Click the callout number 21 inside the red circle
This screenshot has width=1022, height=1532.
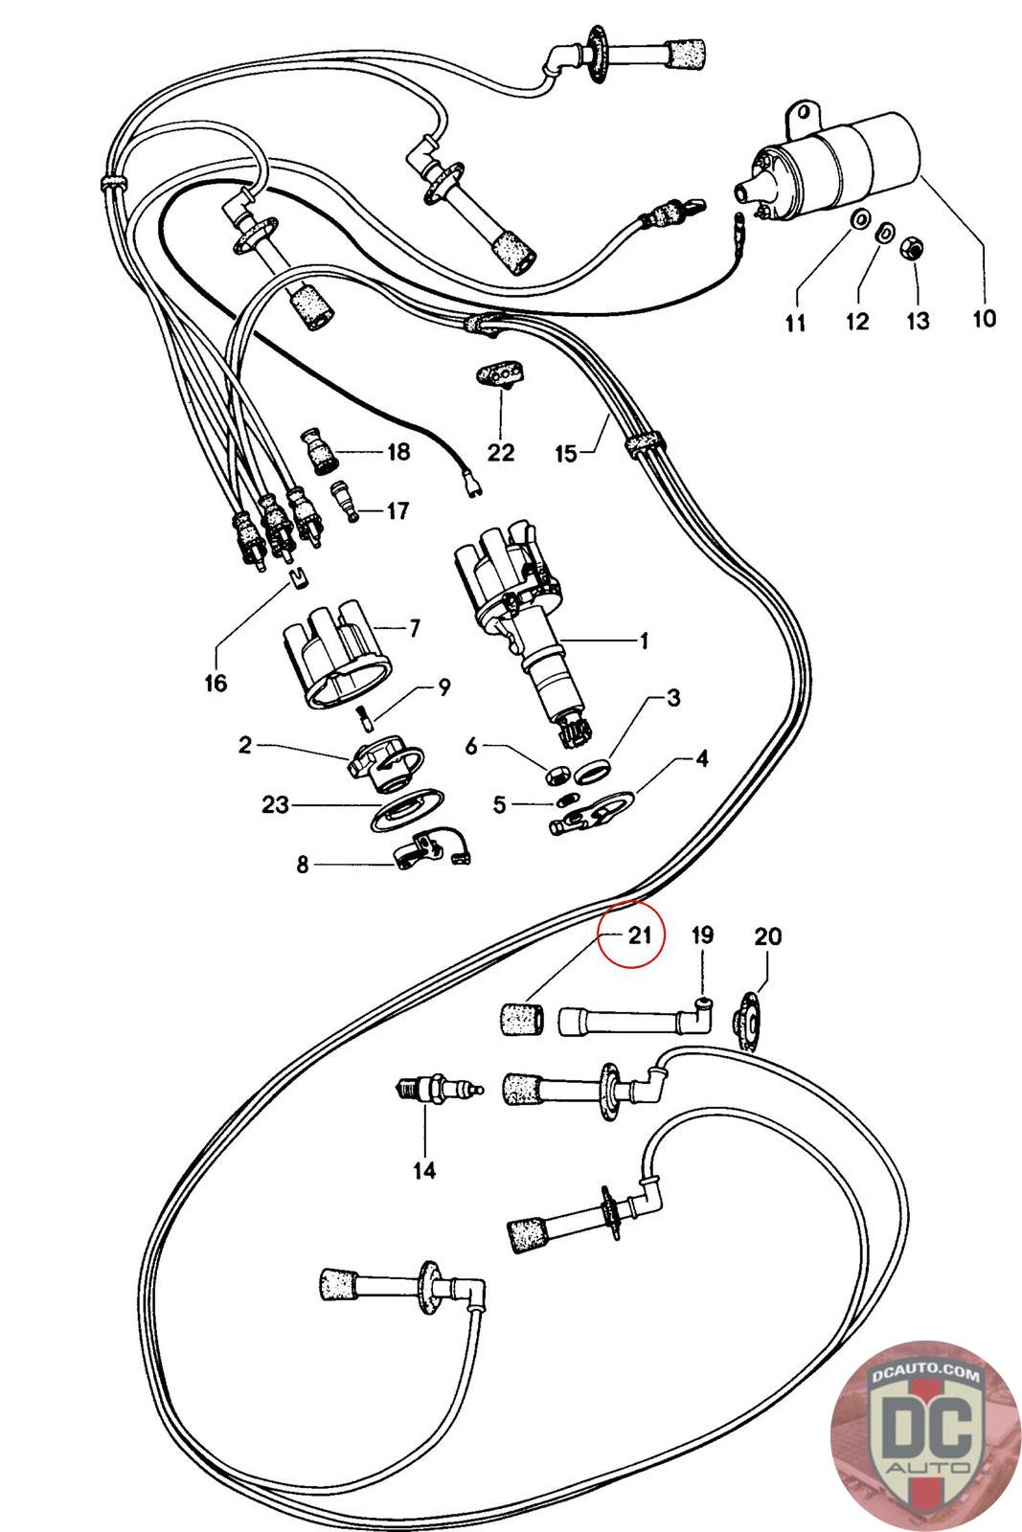point(640,935)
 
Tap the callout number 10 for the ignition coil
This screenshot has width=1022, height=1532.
point(984,318)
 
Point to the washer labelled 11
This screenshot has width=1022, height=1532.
point(859,220)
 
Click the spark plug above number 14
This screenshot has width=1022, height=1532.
point(437,1090)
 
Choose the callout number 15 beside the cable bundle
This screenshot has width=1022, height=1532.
point(566,452)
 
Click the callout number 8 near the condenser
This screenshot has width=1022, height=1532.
point(303,865)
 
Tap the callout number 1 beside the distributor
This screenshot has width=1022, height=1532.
point(644,640)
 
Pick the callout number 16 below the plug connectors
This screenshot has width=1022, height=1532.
point(216,683)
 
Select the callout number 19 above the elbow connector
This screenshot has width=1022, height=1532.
point(702,935)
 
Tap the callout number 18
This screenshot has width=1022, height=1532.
point(397,451)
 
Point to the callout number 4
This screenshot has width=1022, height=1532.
point(701,759)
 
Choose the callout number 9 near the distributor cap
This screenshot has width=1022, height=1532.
point(443,687)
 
